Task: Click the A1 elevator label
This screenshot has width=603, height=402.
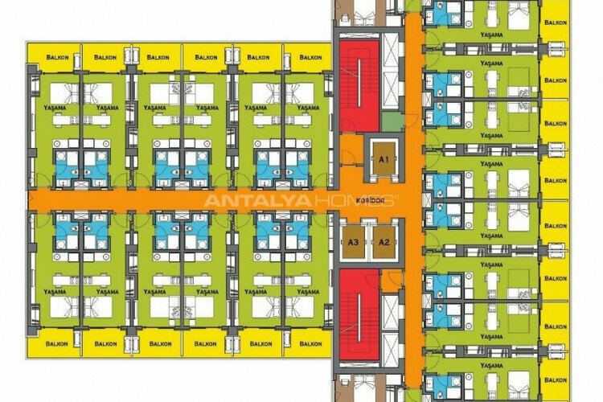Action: click(x=384, y=160)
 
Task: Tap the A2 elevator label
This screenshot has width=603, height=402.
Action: click(x=384, y=241)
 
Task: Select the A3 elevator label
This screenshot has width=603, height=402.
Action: click(x=353, y=241)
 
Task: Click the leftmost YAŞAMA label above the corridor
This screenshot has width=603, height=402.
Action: click(x=55, y=107)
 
